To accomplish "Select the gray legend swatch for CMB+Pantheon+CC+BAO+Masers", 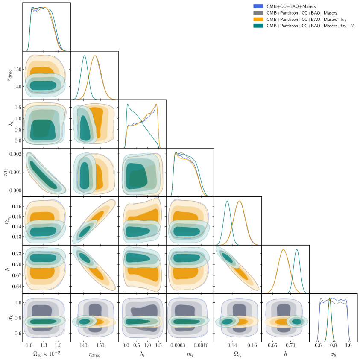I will (x=258, y=13).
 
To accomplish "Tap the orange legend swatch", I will (x=258, y=19).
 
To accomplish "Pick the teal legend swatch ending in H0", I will (x=258, y=26).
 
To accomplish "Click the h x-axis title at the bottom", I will (x=285, y=354).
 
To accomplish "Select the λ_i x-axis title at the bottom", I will (x=142, y=354).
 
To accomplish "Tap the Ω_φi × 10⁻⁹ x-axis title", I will (x=46, y=354).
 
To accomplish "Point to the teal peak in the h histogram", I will (x=297, y=249).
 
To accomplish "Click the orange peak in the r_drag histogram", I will (x=95, y=56).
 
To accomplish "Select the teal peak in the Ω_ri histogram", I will (x=227, y=201).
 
